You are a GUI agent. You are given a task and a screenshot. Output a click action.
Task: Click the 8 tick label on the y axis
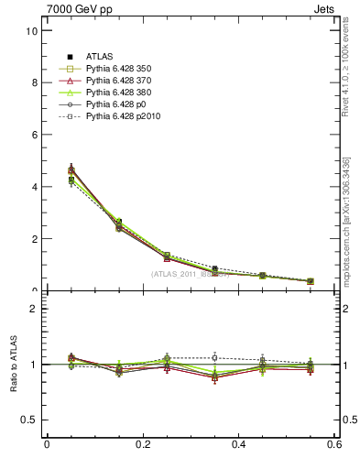point(33,82)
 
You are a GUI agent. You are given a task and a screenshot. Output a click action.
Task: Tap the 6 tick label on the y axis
point(33,135)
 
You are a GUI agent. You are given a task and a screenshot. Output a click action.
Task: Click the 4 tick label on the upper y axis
point(33,187)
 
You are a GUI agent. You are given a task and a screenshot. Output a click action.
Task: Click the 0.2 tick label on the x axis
point(142,444)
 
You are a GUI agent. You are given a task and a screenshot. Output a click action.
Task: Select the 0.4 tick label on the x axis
point(238,444)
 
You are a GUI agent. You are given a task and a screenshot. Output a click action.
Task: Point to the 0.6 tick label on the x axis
point(333,444)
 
